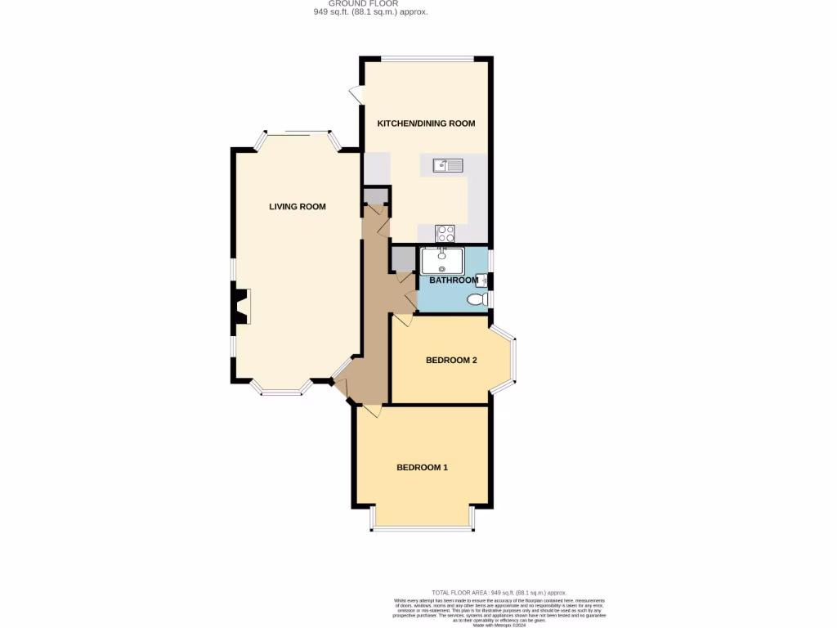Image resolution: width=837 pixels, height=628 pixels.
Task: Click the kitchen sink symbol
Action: pyautogui.click(x=448, y=166)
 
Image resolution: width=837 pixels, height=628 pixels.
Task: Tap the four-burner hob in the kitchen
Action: pyautogui.click(x=445, y=232)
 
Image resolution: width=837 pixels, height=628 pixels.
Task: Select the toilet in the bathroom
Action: pyautogui.click(x=476, y=300)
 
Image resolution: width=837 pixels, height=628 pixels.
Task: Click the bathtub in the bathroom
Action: pyautogui.click(x=441, y=261)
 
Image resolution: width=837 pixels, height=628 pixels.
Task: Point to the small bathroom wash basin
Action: pyautogui.click(x=481, y=280)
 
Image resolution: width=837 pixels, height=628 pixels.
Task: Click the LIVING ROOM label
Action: pyautogui.click(x=298, y=207)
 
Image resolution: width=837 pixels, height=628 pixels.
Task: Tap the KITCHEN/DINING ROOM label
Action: pyautogui.click(x=425, y=123)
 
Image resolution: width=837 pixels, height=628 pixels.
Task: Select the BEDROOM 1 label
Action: pyautogui.click(x=422, y=468)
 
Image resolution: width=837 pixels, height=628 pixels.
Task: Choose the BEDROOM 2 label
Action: pyautogui.click(x=451, y=360)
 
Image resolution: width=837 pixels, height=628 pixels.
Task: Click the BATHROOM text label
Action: pyautogui.click(x=454, y=280)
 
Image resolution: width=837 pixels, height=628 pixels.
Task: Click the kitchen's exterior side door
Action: pyautogui.click(x=357, y=95)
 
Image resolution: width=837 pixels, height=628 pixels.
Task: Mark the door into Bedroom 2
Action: pyautogui.click(x=402, y=320)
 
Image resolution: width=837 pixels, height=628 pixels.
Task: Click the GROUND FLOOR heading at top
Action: pyautogui.click(x=370, y=3)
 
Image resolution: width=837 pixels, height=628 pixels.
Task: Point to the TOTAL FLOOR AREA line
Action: pyautogui.click(x=499, y=592)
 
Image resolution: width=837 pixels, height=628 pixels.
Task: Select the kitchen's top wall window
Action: pyautogui.click(x=427, y=58)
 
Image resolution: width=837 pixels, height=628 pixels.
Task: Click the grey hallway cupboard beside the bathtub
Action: pyautogui.click(x=403, y=258)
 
